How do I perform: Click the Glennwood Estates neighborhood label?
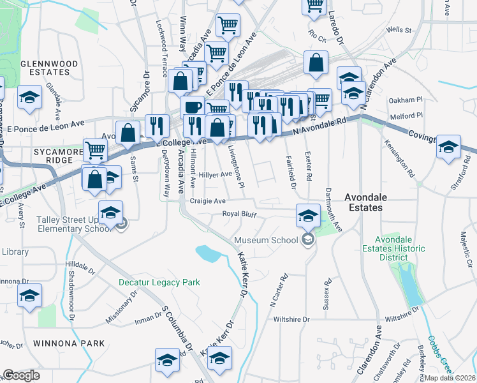coord(49,68)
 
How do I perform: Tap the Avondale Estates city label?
coord(372,203)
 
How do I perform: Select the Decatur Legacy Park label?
coord(159,282)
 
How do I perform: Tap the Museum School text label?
coord(266,240)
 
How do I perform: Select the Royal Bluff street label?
coord(239,214)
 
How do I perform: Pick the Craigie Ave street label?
coord(208,200)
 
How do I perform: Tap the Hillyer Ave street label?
coord(215,174)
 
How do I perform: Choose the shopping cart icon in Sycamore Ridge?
coord(95,151)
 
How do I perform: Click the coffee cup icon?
coord(192,107)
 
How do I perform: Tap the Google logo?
coord(21,375)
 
